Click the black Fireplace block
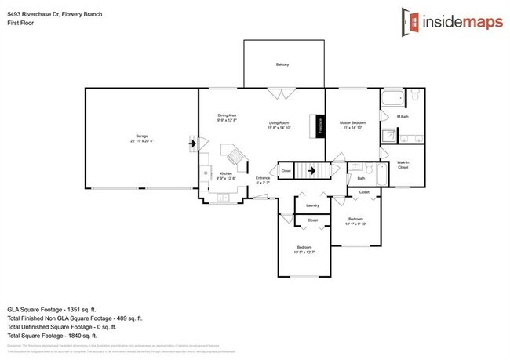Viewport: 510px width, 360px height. (320, 126)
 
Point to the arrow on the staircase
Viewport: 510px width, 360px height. (311, 169)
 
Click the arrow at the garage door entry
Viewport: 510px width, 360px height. (193, 143)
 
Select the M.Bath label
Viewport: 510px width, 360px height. (403, 117)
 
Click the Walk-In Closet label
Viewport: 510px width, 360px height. (403, 165)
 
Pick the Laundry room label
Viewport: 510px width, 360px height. (311, 206)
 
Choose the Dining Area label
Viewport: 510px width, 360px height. (228, 116)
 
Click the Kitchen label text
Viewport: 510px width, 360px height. (226, 173)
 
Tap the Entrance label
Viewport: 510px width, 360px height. (263, 178)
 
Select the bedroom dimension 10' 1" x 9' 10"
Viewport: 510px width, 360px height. (355, 224)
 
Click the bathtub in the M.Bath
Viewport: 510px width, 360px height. (392, 99)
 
